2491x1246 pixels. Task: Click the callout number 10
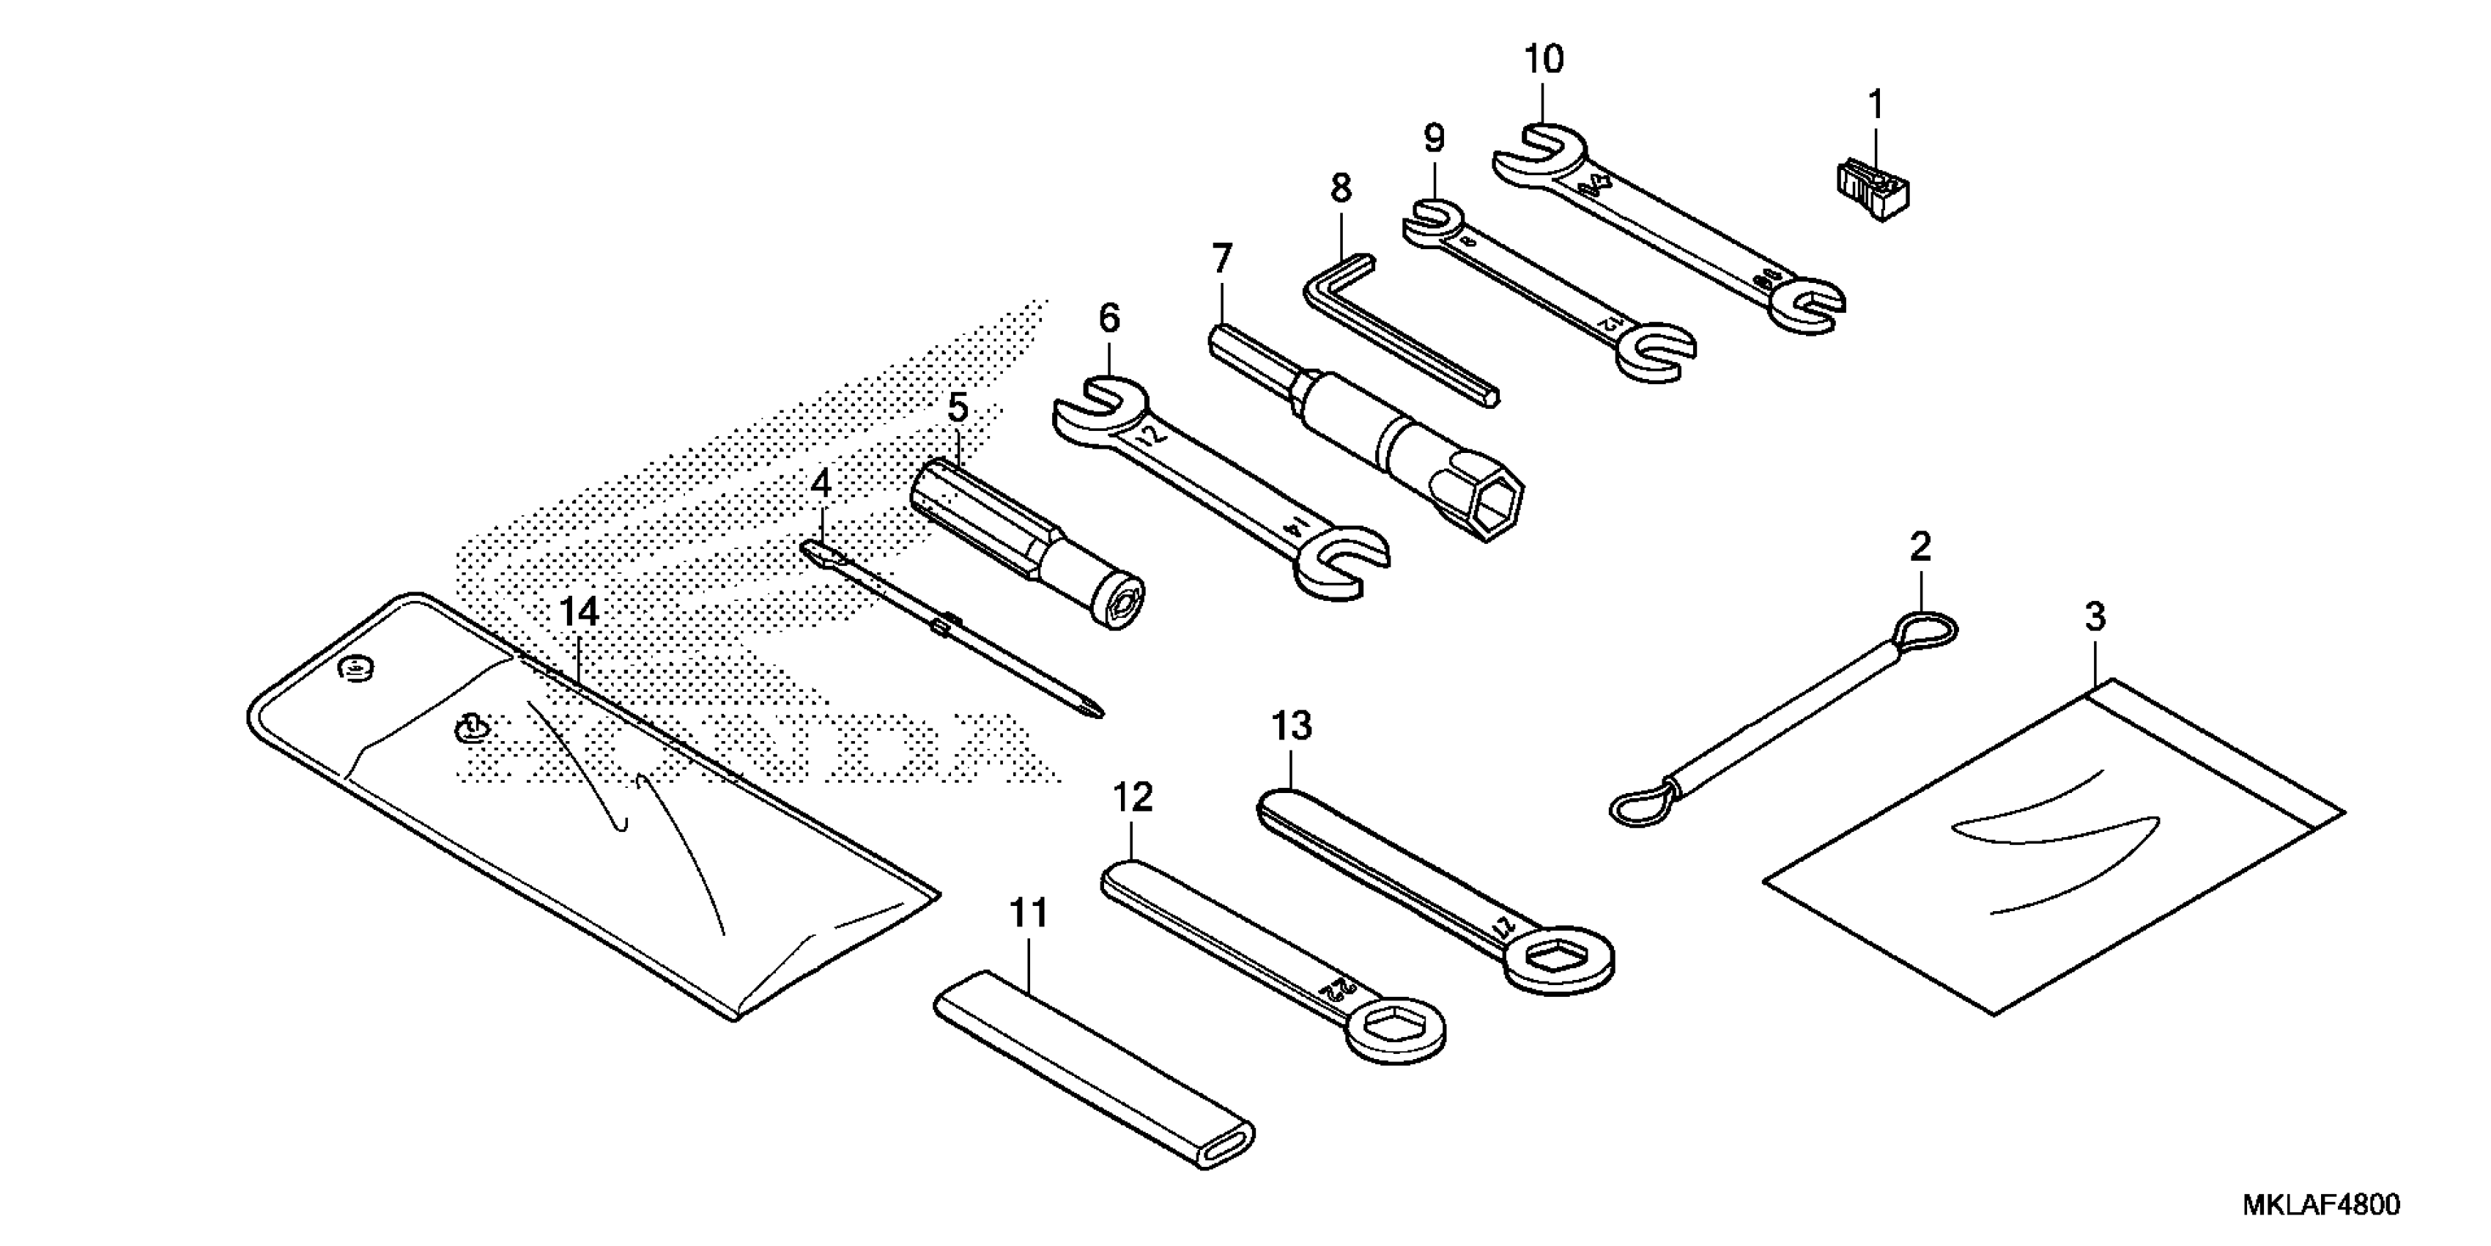pyautogui.click(x=1544, y=60)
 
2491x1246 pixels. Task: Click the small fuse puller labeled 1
pyautogui.click(x=1873, y=191)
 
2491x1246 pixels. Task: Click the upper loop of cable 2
pyautogui.click(x=1928, y=631)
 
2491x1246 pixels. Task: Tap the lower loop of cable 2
pyautogui.click(x=1641, y=805)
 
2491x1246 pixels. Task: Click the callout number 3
pyautogui.click(x=2095, y=617)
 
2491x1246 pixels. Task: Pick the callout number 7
pyautogui.click(x=1221, y=259)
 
